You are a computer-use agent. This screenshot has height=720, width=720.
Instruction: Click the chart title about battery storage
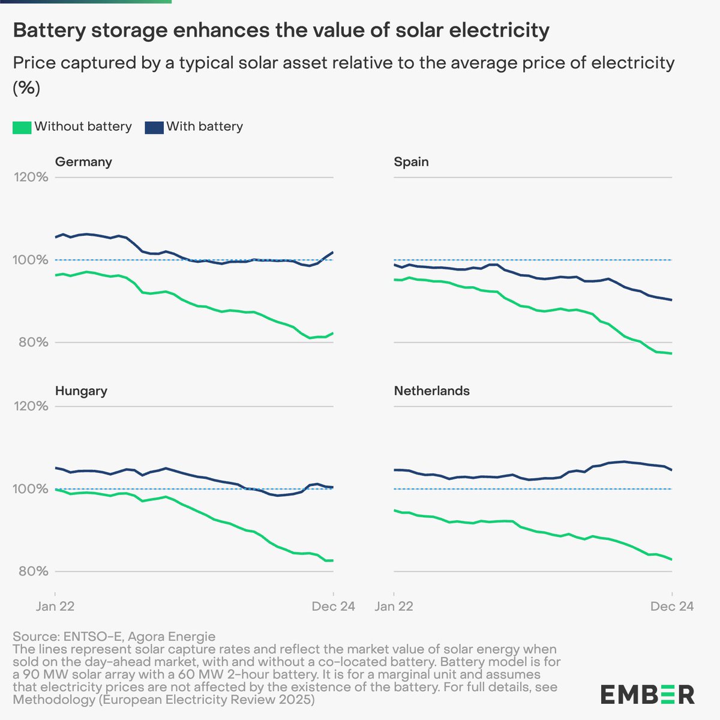click(x=281, y=30)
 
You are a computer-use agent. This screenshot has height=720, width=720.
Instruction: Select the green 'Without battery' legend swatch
click(x=22, y=127)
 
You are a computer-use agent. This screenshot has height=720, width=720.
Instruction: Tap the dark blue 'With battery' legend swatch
click(x=154, y=127)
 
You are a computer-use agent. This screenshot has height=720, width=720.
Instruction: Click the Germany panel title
click(x=83, y=162)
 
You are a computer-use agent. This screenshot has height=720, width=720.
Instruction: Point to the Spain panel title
click(x=411, y=162)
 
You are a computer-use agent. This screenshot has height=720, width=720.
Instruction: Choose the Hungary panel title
click(x=81, y=391)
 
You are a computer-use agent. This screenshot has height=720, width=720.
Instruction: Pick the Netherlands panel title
click(x=431, y=391)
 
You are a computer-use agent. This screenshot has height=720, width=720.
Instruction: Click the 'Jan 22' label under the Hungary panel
click(x=55, y=607)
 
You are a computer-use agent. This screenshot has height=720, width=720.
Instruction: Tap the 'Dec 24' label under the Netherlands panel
click(x=672, y=607)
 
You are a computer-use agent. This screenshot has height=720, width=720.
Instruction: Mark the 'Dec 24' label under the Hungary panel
click(x=333, y=607)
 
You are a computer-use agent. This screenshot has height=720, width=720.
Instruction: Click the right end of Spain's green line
click(x=671, y=353)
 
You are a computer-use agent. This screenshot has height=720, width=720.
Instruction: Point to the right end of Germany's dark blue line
click(x=333, y=252)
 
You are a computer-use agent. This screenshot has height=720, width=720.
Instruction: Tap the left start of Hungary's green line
click(x=55, y=490)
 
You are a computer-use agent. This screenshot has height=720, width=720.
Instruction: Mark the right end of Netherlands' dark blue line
click(x=671, y=470)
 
